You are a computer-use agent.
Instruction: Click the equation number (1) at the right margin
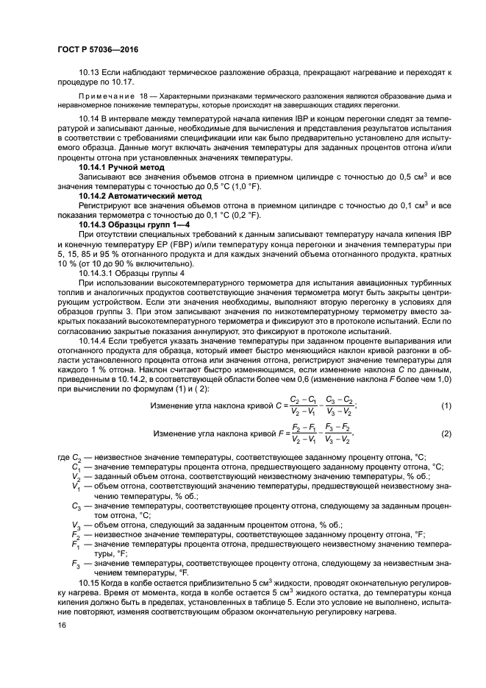click(x=446, y=406)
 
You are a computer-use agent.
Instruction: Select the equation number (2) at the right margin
click(x=446, y=434)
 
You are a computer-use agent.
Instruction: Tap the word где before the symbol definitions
click(x=62, y=458)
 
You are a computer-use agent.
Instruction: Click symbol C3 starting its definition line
click(x=76, y=507)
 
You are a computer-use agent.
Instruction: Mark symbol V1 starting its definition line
click(x=76, y=486)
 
